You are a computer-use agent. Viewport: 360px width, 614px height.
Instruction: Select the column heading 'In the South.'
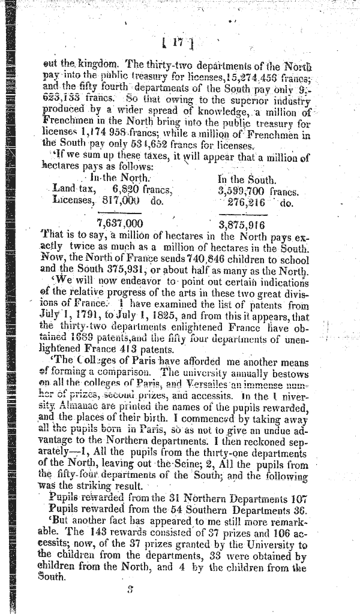point(247,179)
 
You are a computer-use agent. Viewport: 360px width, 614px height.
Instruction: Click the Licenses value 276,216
point(247,203)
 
